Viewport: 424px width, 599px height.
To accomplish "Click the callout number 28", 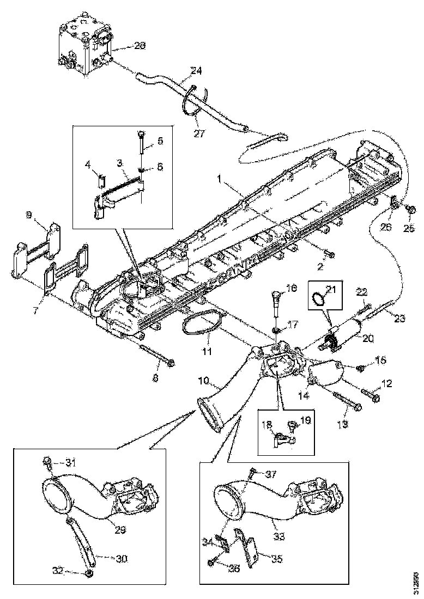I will pos(140,46).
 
